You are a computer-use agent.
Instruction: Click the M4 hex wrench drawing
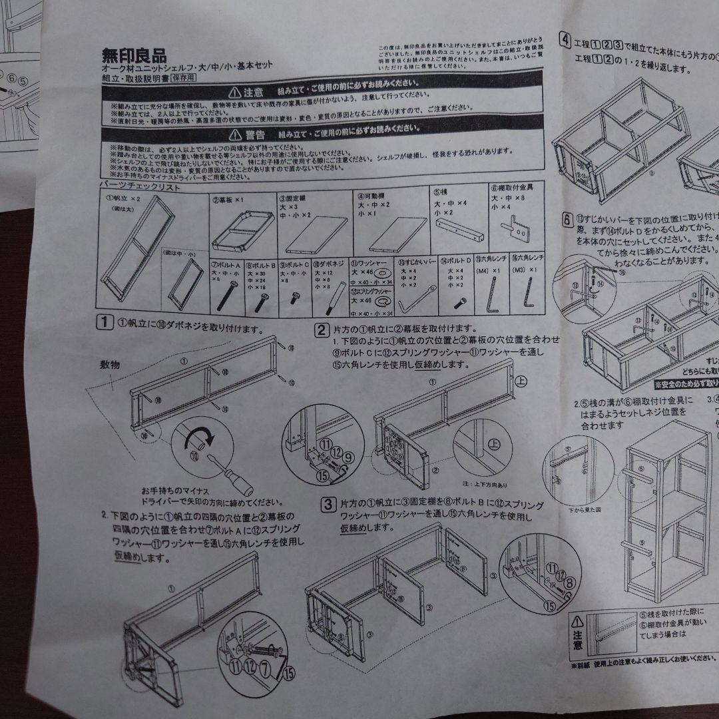tap(492, 292)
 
